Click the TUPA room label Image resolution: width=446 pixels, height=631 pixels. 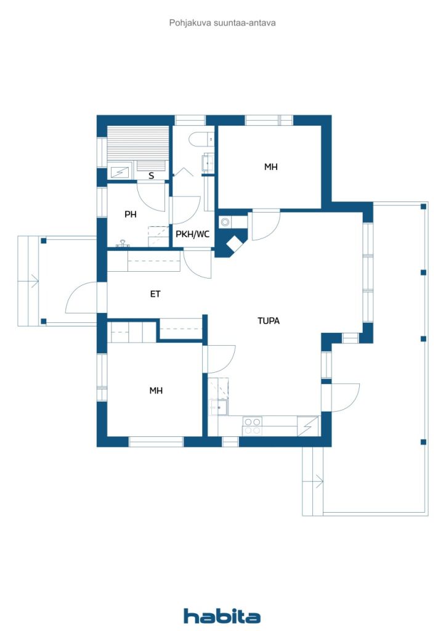269,320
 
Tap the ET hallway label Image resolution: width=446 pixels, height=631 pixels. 155,295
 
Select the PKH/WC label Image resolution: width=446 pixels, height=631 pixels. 192,234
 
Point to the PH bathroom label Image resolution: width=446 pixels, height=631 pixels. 130,214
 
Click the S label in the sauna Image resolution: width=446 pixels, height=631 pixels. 151,176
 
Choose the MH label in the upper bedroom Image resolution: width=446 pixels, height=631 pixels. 270,166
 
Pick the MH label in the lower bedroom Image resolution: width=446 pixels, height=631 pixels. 156,390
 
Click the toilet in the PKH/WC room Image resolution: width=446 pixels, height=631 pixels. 199,140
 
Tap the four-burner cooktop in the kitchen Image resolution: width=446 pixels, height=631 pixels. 251,426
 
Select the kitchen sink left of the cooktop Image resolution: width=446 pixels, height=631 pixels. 218,408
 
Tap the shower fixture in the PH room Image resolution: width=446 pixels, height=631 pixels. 123,245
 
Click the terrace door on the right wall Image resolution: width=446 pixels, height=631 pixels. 345,397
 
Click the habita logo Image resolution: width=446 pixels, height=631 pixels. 222,616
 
